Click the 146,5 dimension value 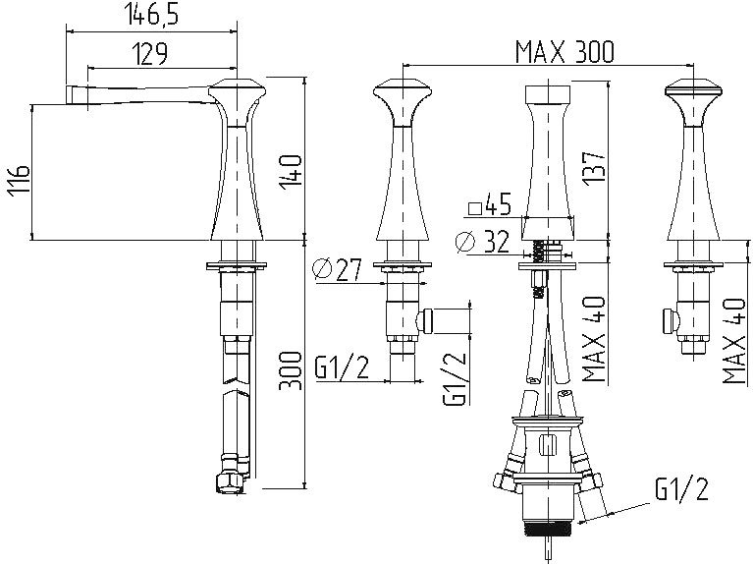pyautogui.click(x=151, y=15)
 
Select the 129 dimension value pyautogui.click(x=150, y=54)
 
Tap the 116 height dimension pyautogui.click(x=19, y=180)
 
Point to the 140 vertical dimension pyautogui.click(x=292, y=172)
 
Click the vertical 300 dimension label pyautogui.click(x=291, y=370)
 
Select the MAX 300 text pyautogui.click(x=565, y=52)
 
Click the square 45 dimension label pyautogui.click(x=489, y=205)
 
